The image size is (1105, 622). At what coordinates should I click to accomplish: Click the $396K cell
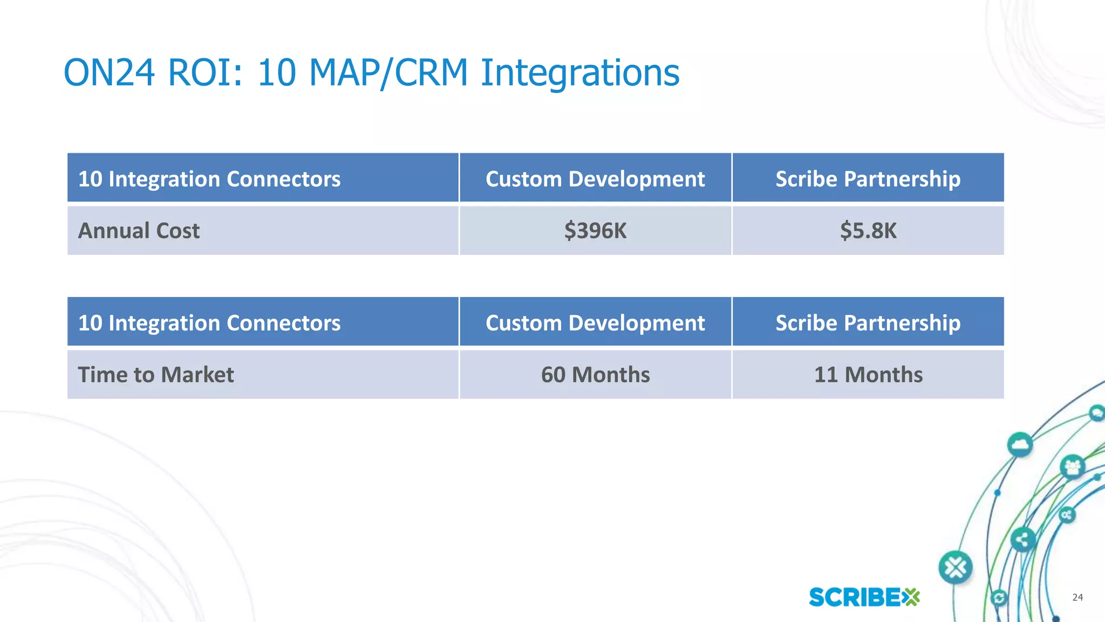coord(595,231)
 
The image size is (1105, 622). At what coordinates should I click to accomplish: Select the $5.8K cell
coord(868,231)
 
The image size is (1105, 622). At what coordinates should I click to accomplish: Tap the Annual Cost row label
coord(139,231)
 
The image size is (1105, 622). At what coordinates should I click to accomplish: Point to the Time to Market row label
coord(156,375)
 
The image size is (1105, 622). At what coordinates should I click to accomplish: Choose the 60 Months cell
coord(595,375)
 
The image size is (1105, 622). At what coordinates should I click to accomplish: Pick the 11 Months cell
coord(868,375)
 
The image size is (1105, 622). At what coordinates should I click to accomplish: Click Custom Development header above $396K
coord(595,179)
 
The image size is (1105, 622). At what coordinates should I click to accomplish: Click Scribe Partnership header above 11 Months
coord(868,323)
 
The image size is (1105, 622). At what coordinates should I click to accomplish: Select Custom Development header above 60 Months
coord(595,323)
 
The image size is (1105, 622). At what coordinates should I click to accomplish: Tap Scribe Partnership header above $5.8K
coord(868,179)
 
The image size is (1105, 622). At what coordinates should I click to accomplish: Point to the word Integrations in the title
coord(579,72)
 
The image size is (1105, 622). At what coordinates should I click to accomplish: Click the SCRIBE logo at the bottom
coord(864,597)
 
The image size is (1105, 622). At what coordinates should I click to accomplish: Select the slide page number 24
coord(1077,597)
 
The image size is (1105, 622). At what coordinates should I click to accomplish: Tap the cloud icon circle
coord(1019,445)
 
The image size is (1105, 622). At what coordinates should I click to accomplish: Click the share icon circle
coord(1022,539)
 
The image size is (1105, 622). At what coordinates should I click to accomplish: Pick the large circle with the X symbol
coord(955,567)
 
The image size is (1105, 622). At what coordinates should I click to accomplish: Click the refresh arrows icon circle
coord(999,598)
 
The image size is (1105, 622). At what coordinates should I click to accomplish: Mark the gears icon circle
coord(1067,515)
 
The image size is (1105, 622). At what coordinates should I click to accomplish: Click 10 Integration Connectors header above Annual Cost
coord(209,179)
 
